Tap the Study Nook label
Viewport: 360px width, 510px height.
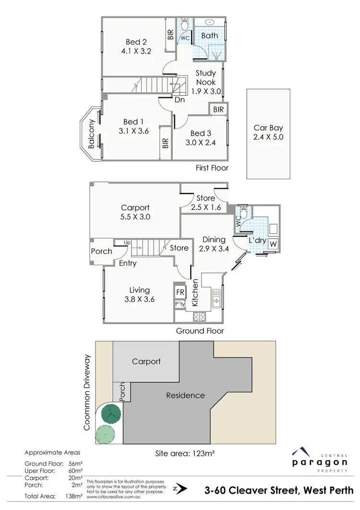(x=205, y=82)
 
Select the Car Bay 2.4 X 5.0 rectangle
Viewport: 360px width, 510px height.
(x=268, y=133)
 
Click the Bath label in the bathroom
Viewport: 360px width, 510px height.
(x=209, y=36)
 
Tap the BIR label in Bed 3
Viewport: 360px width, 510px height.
(x=218, y=110)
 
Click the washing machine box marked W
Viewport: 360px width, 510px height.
(x=273, y=244)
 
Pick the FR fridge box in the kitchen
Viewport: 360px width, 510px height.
(x=180, y=292)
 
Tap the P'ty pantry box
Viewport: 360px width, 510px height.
(x=180, y=304)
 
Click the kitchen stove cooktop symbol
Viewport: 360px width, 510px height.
(x=199, y=316)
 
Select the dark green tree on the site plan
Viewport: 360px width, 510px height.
(x=111, y=413)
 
